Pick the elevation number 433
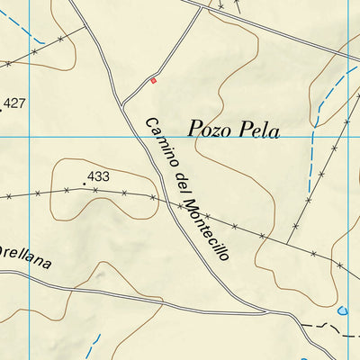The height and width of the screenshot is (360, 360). click(x=98, y=176)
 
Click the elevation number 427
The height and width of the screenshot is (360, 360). click(x=14, y=103)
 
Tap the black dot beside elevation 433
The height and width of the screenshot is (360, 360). click(x=85, y=184)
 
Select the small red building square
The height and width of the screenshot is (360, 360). click(x=153, y=80)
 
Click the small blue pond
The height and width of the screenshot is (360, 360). click(x=341, y=311)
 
